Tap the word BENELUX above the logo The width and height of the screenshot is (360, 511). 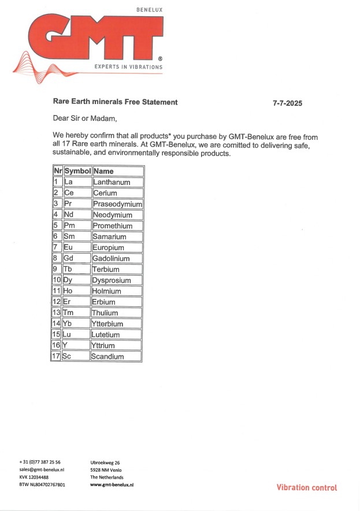click(149, 10)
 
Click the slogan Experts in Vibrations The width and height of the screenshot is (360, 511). click(128, 67)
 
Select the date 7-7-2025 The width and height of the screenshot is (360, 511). click(288, 103)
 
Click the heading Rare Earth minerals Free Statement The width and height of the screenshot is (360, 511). click(116, 102)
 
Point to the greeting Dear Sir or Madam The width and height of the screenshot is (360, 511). click(85, 119)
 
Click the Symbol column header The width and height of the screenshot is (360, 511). click(77, 171)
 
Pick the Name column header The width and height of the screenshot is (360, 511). click(104, 171)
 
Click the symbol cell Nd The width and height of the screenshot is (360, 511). click(69, 215)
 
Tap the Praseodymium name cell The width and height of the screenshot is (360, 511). click(117, 204)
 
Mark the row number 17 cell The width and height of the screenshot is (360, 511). click(56, 357)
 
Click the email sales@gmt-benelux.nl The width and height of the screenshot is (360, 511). click(42, 470)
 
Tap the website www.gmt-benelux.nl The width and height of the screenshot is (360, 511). click(112, 484)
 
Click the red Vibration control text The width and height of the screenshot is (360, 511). click(306, 488)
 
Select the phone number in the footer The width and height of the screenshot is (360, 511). click(40, 462)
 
